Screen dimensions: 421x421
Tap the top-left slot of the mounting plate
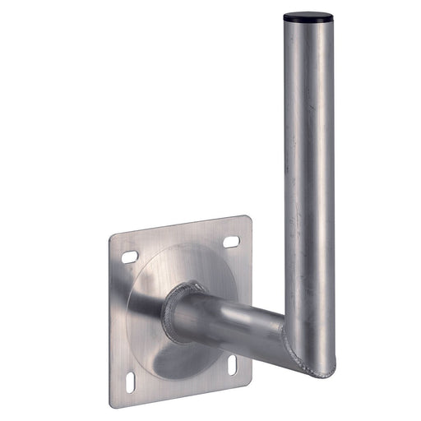129,257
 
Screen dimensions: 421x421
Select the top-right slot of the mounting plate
231,241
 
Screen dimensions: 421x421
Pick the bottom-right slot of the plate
233,362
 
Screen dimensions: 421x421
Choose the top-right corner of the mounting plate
248,218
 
